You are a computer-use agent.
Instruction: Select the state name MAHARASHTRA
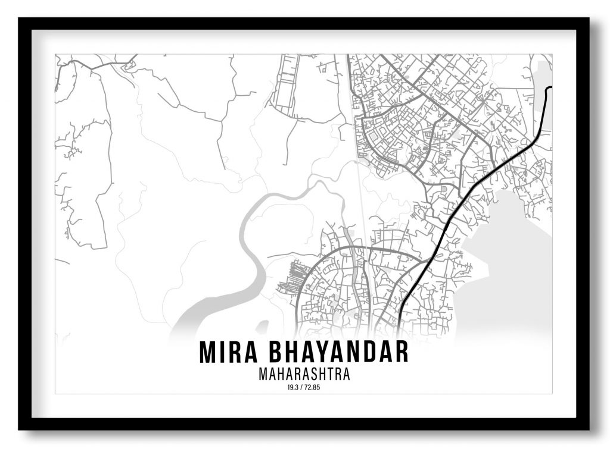(304, 375)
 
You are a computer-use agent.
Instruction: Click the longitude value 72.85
(313, 388)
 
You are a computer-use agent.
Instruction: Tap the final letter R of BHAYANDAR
(402, 352)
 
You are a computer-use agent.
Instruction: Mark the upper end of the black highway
(549, 88)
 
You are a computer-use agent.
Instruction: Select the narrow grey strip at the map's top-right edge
(543, 89)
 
